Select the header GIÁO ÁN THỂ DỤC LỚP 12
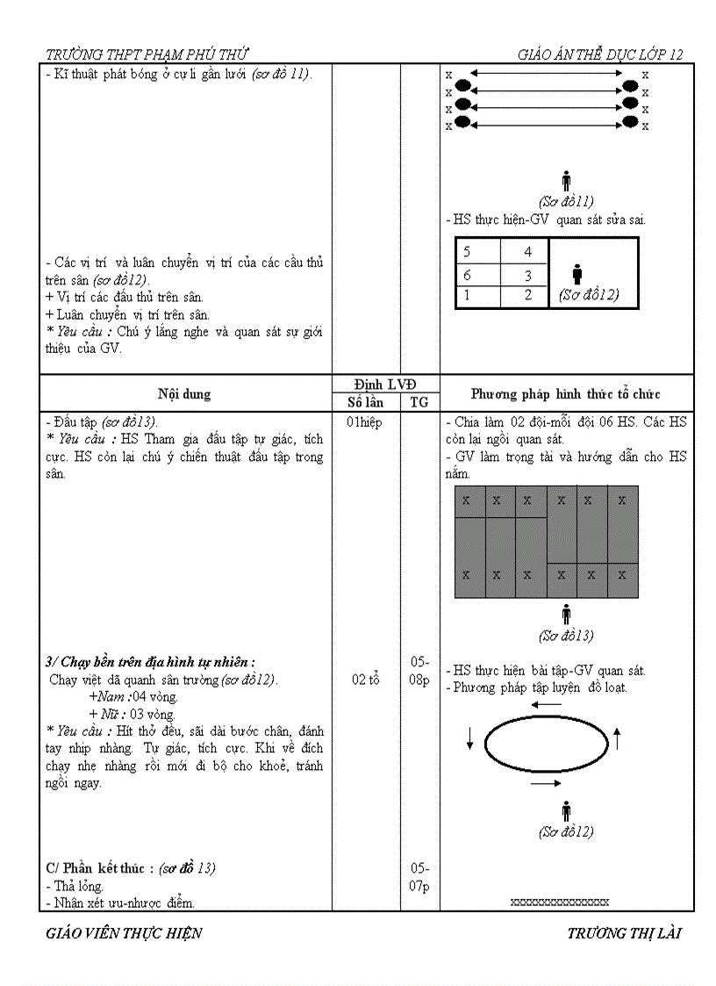600,54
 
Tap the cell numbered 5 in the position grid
467,252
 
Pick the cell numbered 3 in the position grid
528,275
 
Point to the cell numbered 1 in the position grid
467,296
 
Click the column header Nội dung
184,393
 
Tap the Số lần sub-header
365,402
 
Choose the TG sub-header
419,402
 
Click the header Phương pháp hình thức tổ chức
566,394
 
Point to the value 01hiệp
365,422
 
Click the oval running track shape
546,744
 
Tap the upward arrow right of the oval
617,738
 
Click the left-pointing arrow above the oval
546,704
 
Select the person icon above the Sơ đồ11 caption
566,181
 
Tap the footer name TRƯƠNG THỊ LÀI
624,933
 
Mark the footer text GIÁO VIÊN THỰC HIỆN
124,933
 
